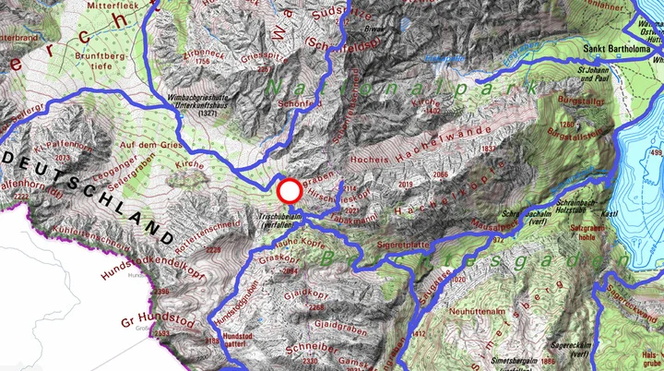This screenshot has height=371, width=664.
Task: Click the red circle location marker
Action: (290, 191)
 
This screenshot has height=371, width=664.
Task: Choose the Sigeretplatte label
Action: (404, 245)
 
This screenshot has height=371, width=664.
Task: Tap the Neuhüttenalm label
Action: (471, 313)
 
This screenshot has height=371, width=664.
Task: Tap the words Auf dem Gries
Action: (148, 144)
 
